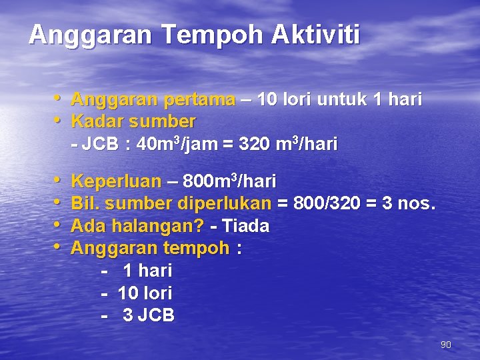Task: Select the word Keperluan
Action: pos(116,182)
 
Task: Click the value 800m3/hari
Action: pos(230,181)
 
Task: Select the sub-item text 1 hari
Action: pos(147,271)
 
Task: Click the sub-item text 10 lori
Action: pos(145,293)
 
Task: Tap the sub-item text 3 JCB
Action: pos(148,315)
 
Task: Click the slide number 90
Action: pos(446,345)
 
